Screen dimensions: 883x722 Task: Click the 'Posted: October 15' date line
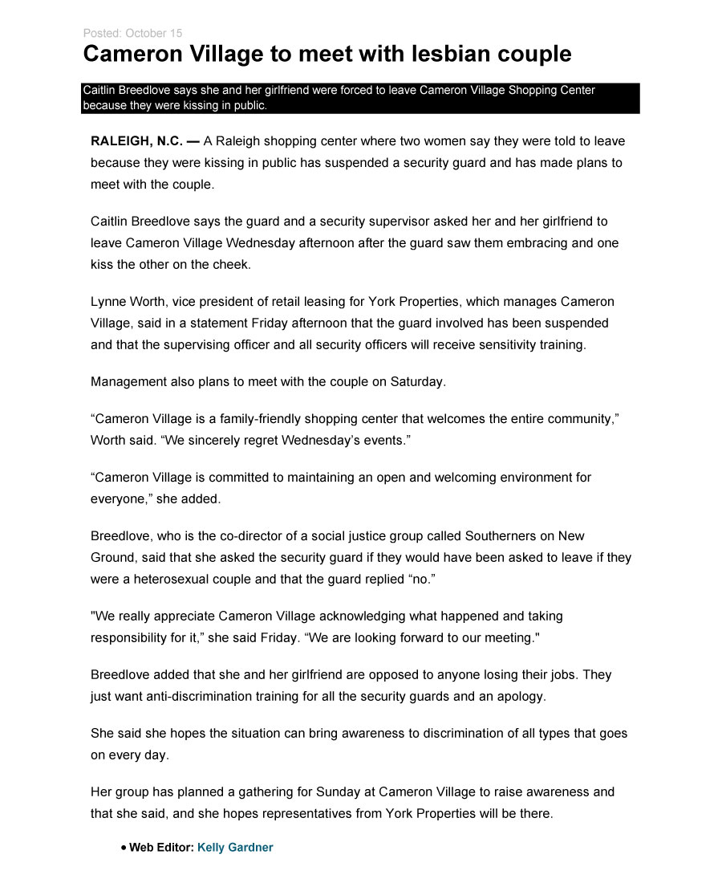coord(132,33)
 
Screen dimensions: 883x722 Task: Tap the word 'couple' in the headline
coord(531,55)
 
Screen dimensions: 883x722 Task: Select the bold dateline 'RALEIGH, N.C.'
coord(136,141)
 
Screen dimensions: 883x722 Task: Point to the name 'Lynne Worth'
coord(124,302)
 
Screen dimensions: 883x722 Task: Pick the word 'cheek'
coord(231,264)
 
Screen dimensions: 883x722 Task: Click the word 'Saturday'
coord(416,382)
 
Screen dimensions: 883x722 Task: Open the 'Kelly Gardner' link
coord(235,848)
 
